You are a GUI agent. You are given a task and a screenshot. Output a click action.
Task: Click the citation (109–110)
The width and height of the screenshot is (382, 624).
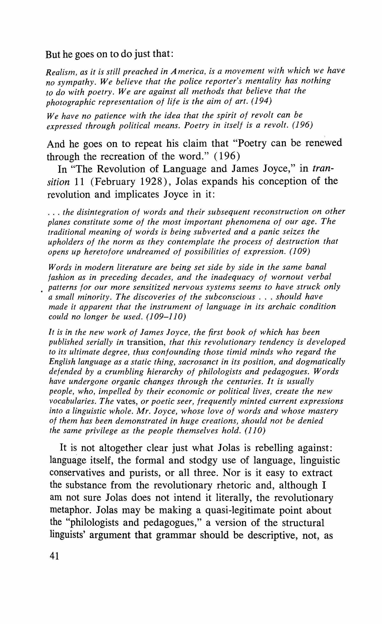pyautogui.click(x=166, y=317)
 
